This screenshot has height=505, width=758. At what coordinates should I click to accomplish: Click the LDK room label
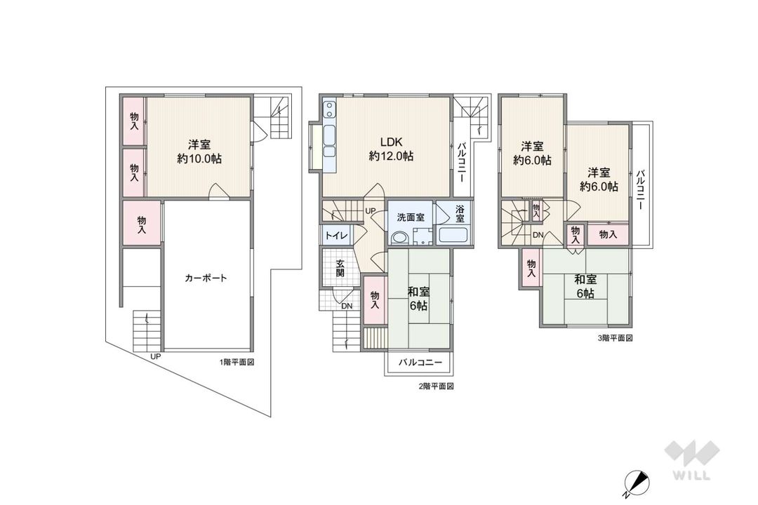(390, 140)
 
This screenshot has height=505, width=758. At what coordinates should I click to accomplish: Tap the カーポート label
(206, 278)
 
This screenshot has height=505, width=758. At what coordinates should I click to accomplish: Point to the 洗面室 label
(409, 217)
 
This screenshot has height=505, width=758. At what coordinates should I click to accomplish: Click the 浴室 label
(460, 214)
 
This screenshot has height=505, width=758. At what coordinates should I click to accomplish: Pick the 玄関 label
(340, 269)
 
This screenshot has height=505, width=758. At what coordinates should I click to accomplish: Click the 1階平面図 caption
(237, 363)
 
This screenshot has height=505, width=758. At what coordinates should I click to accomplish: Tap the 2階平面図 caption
(437, 386)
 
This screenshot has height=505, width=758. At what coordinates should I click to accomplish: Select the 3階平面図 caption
(616, 338)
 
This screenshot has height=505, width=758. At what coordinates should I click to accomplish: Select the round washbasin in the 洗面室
(399, 238)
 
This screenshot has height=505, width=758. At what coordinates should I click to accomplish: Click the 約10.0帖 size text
(200, 159)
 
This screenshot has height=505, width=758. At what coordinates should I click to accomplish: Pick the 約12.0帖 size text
(390, 156)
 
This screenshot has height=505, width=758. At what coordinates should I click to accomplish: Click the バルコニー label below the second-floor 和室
(420, 363)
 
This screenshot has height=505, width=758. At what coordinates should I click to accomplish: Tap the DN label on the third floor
(538, 235)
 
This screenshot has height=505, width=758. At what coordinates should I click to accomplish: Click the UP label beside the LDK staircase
(370, 211)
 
